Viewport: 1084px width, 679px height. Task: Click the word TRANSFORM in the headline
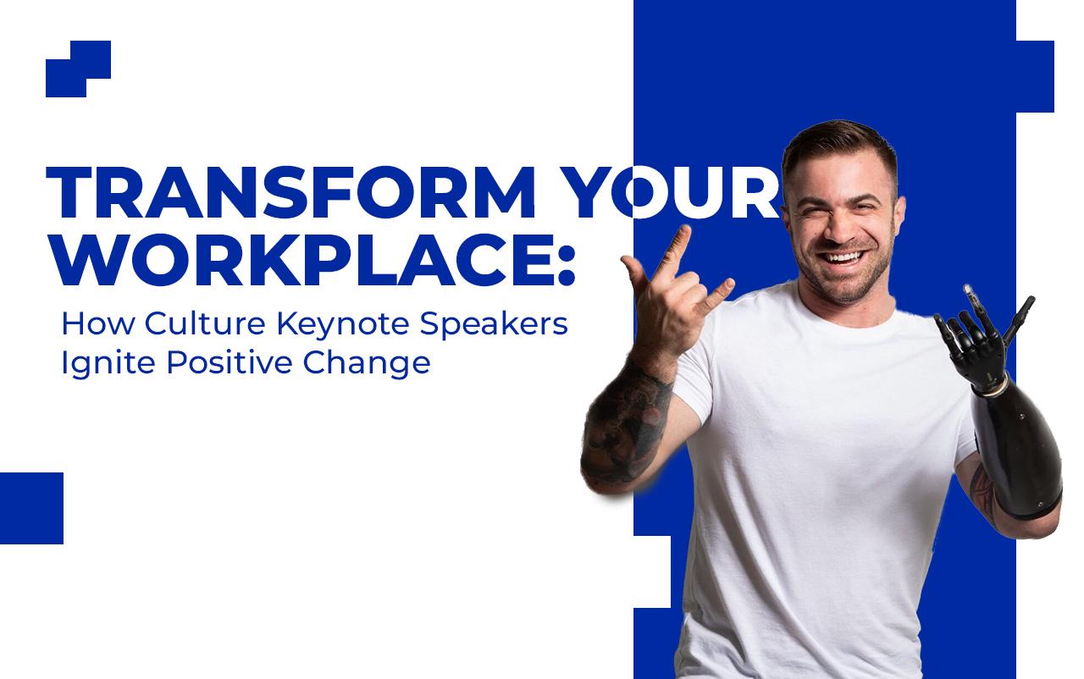click(290, 193)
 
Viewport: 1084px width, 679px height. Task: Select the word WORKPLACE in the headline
click(301, 260)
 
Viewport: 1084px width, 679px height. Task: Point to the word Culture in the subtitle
click(205, 323)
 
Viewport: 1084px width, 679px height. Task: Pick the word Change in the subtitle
click(367, 365)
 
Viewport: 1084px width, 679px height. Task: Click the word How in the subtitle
click(97, 323)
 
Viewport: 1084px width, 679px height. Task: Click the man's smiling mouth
click(843, 257)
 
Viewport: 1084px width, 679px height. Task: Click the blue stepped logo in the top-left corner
click(79, 69)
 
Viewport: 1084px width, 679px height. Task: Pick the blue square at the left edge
click(31, 508)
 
